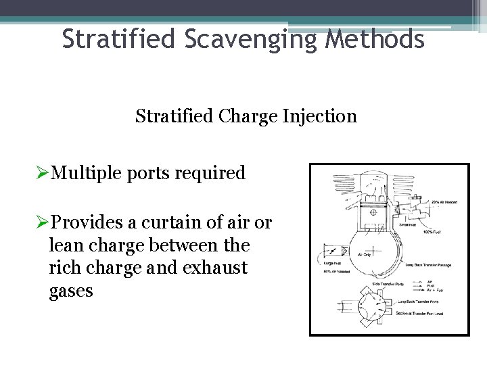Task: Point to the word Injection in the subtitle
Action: pyautogui.click(x=324, y=116)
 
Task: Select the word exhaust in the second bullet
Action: pyautogui.click(x=217, y=268)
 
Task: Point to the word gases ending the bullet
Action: pyautogui.click(x=71, y=291)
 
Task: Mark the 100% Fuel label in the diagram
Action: pyautogui.click(x=433, y=232)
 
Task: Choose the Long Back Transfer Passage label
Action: pyautogui.click(x=429, y=265)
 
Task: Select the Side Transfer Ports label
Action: pyautogui.click(x=388, y=283)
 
